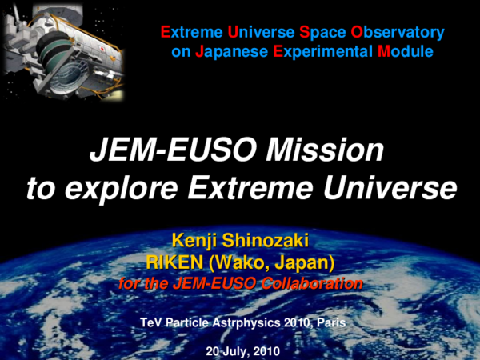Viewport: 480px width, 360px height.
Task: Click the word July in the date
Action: tap(238, 351)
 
